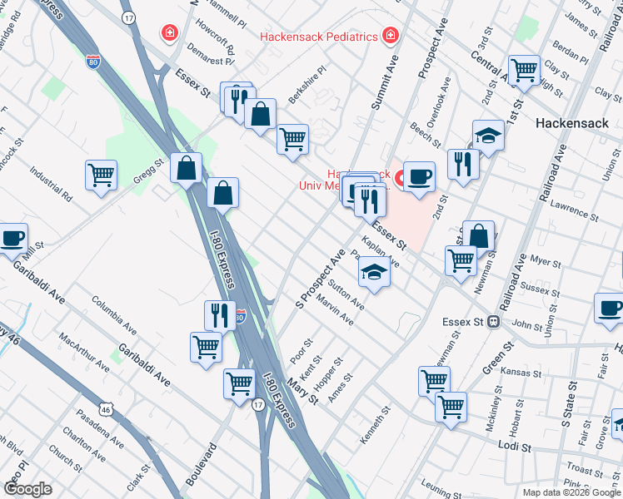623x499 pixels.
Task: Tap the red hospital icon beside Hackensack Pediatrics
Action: [x=390, y=36]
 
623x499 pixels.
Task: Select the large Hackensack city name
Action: [x=571, y=122]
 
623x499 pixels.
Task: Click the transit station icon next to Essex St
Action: [x=494, y=321]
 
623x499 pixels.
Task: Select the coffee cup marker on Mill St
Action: [x=12, y=238]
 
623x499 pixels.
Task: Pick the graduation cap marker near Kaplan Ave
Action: [x=374, y=272]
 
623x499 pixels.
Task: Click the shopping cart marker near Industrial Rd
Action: [x=101, y=175]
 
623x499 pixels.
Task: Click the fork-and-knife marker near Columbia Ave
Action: [x=219, y=314]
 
